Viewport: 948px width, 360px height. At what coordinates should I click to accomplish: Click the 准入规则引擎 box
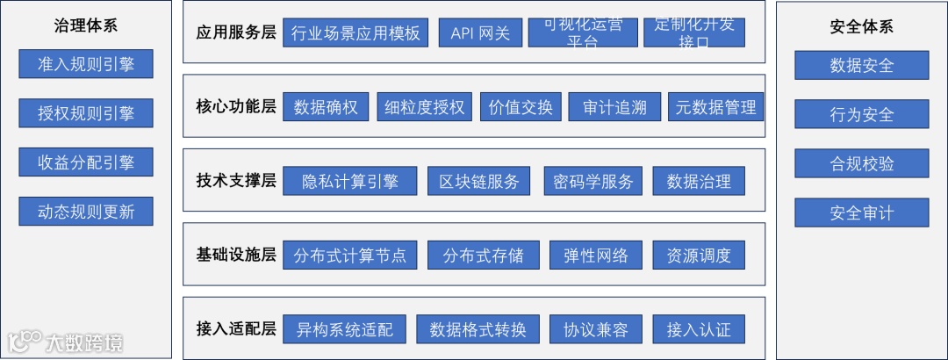point(86,64)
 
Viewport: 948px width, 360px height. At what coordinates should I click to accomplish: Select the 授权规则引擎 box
point(86,113)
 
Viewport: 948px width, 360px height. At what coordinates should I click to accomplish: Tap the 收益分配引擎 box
point(86,162)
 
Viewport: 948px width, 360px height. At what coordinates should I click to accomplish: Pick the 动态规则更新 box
point(86,212)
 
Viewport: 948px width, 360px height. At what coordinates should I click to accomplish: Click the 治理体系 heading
point(86,25)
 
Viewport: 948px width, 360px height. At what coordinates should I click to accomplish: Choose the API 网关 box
point(480,33)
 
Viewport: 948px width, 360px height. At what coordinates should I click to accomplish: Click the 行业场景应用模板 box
point(355,33)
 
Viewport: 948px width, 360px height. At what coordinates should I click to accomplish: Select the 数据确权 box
point(327,107)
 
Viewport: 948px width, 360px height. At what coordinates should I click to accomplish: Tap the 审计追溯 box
point(614,107)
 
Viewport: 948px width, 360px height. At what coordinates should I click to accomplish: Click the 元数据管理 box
point(715,107)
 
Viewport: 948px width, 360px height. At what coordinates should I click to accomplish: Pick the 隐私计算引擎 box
point(350,182)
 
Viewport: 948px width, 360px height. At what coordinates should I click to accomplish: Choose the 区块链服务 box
point(479,182)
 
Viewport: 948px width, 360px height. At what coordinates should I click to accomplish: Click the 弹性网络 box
point(596,256)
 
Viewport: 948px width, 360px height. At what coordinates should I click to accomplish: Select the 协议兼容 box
point(596,329)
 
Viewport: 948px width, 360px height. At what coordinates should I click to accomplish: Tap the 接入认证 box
point(699,329)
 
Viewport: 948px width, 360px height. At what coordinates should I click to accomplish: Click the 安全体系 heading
point(861,26)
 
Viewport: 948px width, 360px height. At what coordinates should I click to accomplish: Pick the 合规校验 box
point(861,163)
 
